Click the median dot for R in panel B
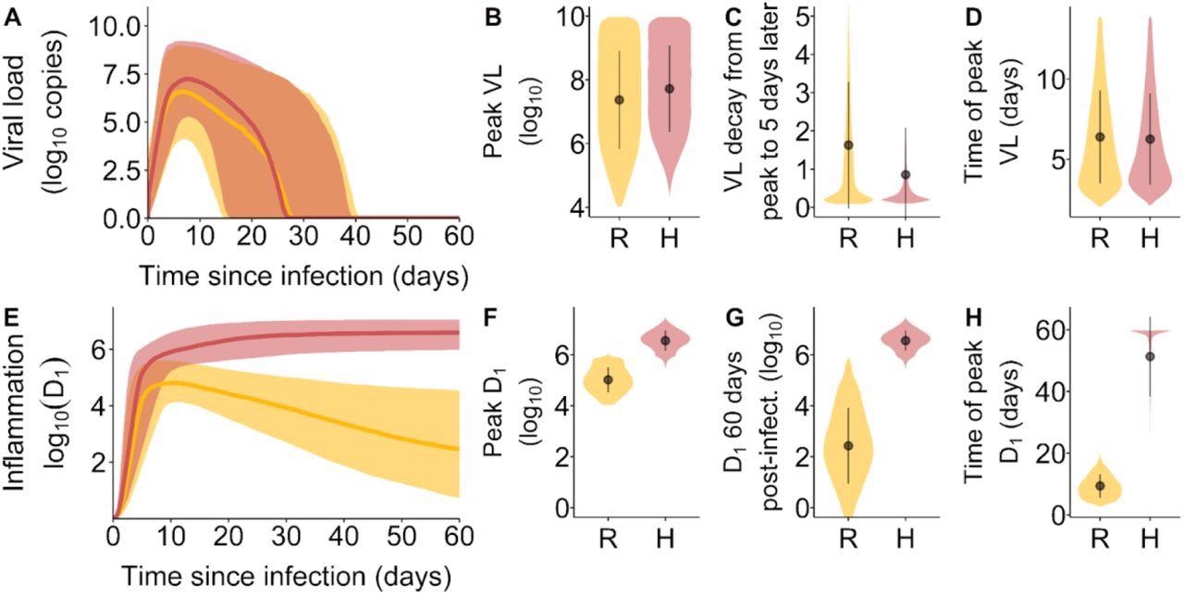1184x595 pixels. tap(619, 100)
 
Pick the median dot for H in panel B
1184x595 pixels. tap(670, 89)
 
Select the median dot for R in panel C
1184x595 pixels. tap(848, 145)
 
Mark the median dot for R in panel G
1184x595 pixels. tap(848, 445)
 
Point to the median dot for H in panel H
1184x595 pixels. tap(1150, 356)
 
